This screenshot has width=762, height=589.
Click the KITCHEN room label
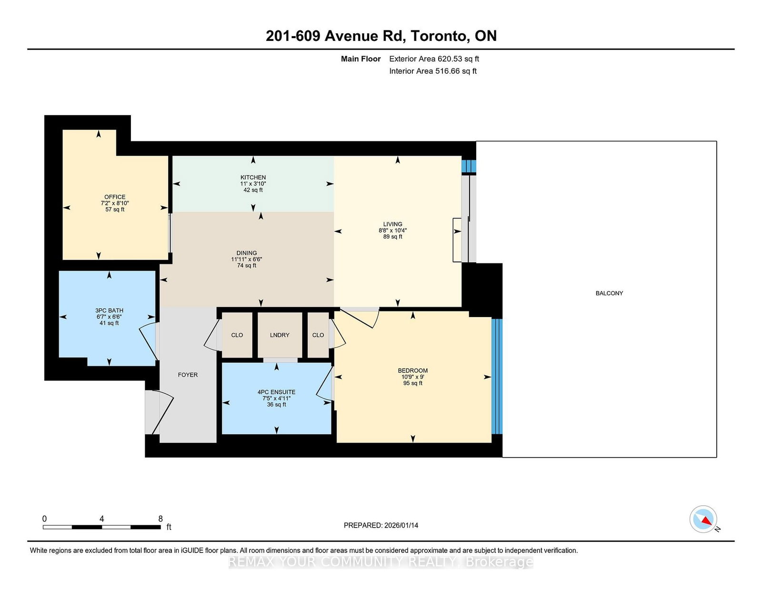253,177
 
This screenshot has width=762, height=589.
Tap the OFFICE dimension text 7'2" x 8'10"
115,203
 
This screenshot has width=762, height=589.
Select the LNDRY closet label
280,335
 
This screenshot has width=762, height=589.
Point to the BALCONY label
609,293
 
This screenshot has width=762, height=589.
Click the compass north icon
703,519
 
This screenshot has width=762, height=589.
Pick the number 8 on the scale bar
160,519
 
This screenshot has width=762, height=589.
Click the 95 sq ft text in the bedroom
412,383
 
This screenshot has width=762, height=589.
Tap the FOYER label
188,375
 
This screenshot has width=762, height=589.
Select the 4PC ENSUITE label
276,392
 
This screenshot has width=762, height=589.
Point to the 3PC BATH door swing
148,340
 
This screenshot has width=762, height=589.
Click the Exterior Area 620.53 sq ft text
434,59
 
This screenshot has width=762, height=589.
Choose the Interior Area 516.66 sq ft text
432,71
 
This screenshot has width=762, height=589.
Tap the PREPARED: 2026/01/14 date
381,525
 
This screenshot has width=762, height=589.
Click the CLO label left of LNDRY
237,335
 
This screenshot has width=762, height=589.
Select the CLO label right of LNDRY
318,335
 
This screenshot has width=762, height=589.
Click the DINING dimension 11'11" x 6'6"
247,260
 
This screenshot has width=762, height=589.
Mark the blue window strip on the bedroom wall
497,376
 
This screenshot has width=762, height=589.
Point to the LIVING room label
392,224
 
